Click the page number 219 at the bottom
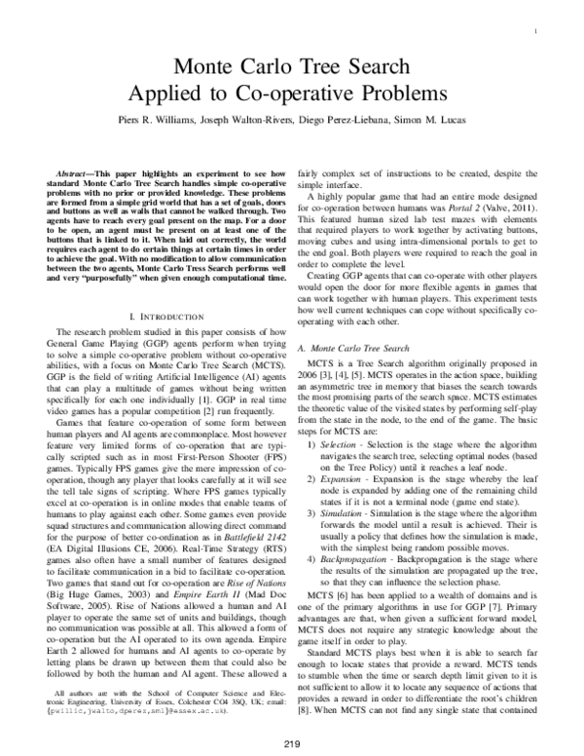(291, 745)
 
